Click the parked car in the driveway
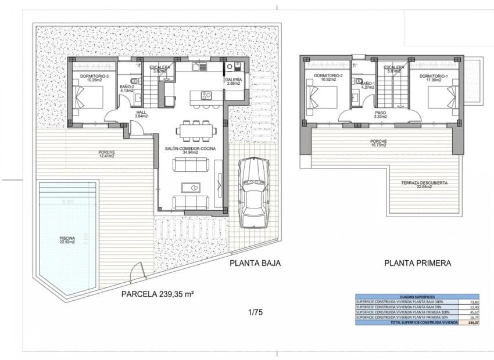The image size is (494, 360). click(x=253, y=192)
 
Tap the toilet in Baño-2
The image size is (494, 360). click(x=135, y=81)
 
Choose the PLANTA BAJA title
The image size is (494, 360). click(x=255, y=263)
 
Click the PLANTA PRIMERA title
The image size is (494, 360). click(x=417, y=263)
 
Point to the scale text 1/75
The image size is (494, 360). click(x=255, y=312)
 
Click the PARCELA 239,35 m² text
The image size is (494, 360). click(x=157, y=294)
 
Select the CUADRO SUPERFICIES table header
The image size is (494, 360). click(x=417, y=296)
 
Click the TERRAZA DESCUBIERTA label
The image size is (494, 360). click(x=424, y=183)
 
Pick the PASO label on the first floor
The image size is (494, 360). click(x=381, y=113)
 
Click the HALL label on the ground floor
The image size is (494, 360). click(x=141, y=112)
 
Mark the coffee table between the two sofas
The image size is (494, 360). click(x=191, y=187)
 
